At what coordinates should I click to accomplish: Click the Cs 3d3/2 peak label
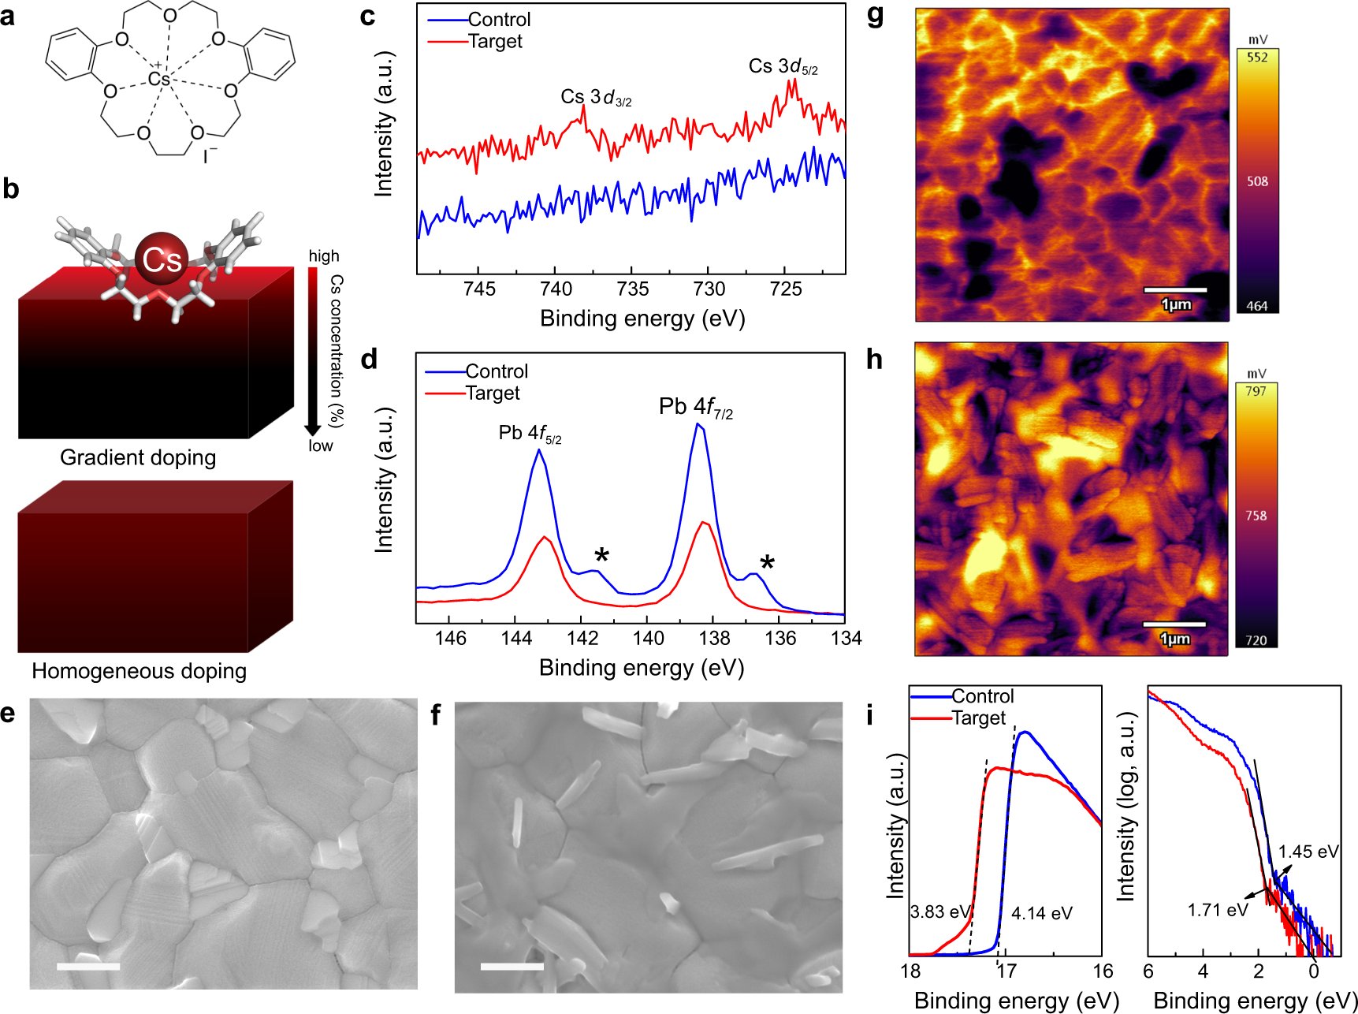click(x=596, y=98)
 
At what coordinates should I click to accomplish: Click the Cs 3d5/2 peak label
click(x=783, y=67)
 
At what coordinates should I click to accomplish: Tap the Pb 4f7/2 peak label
click(x=695, y=408)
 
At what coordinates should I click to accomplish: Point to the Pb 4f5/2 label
click(x=530, y=434)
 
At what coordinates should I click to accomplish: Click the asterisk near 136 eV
click(x=767, y=563)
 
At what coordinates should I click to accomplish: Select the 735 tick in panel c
click(x=632, y=289)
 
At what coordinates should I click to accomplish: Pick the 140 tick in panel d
click(x=648, y=638)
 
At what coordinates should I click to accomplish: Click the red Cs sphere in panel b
click(x=162, y=259)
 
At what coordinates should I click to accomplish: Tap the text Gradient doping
click(x=138, y=457)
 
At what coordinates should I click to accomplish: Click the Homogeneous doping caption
click(x=139, y=671)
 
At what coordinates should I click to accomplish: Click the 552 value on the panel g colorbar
click(x=1257, y=58)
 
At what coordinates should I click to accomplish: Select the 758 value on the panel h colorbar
click(x=1256, y=516)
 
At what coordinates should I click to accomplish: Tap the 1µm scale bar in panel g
click(x=1175, y=291)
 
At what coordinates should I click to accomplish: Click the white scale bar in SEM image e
click(x=88, y=966)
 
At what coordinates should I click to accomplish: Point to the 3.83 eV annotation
click(x=939, y=912)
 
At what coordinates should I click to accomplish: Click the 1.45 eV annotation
click(x=1308, y=852)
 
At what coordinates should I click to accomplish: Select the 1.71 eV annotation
click(x=1218, y=910)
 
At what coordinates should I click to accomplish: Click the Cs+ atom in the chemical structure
click(x=158, y=79)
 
